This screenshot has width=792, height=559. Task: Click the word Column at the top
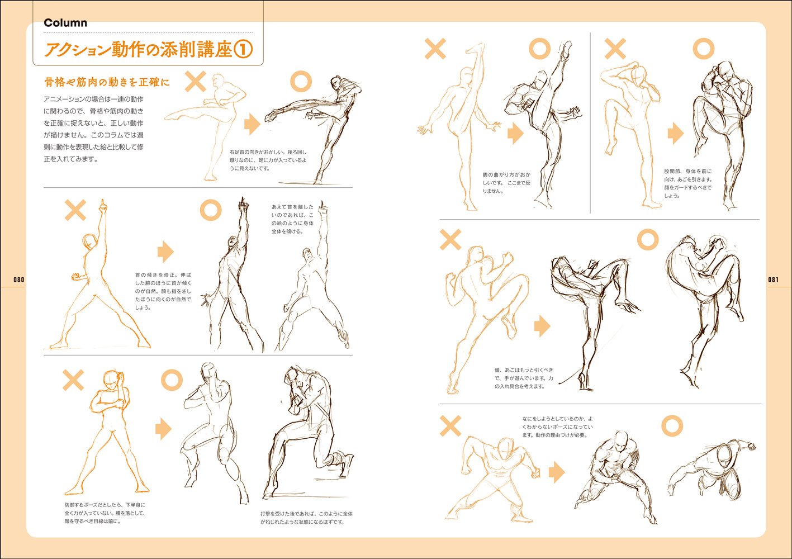[65, 23]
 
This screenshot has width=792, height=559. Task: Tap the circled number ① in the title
[243, 50]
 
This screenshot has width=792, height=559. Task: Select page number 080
[19, 279]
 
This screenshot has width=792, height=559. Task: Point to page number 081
[773, 279]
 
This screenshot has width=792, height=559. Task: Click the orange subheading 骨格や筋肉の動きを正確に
[107, 82]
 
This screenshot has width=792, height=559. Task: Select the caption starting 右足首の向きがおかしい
[268, 160]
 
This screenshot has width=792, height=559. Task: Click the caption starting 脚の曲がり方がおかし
[507, 183]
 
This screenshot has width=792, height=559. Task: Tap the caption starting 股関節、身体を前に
[688, 183]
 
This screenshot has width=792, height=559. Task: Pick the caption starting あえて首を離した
[292, 219]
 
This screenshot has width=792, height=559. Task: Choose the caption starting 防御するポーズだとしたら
[105, 513]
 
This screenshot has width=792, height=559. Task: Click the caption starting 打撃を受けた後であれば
[306, 518]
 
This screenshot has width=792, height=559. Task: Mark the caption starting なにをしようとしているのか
[558, 427]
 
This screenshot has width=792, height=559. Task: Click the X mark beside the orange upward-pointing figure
[75, 210]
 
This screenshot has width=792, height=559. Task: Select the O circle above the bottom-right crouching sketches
[672, 426]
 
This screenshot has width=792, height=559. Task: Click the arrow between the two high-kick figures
[515, 133]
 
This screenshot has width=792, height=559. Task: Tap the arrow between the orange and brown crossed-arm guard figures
[163, 429]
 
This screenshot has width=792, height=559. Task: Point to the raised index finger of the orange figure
[102, 205]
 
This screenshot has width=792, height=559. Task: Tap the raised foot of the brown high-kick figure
[566, 48]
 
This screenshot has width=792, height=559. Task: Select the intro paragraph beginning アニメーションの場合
[94, 129]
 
